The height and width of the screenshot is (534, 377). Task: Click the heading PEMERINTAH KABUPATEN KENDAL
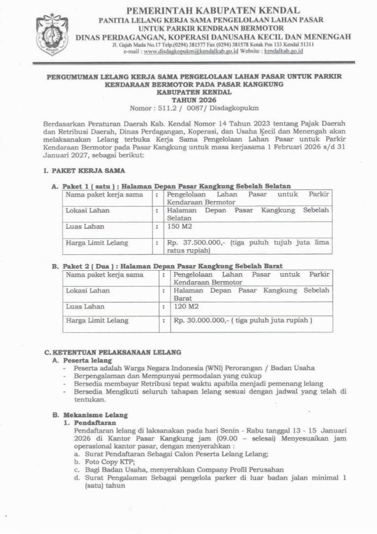(213, 10)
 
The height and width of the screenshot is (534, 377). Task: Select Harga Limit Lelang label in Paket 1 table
(97, 243)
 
